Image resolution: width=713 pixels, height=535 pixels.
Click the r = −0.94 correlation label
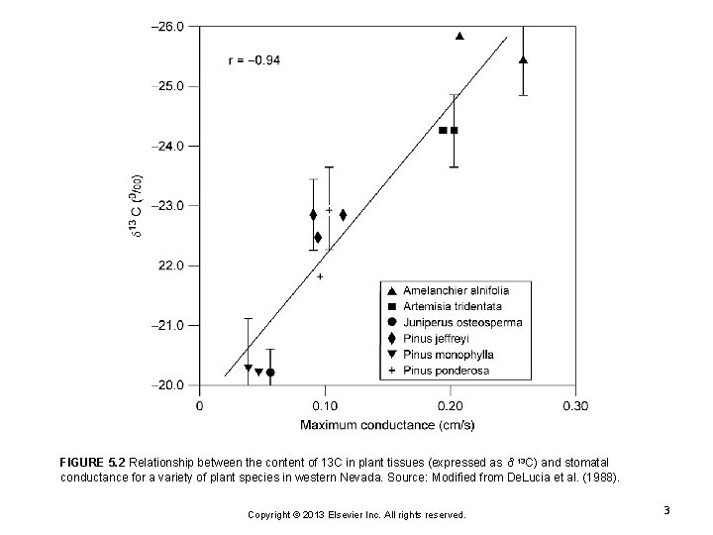pyautogui.click(x=254, y=60)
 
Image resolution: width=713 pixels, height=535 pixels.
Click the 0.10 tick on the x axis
pyautogui.click(x=325, y=404)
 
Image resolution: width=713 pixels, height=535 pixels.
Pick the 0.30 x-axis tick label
pyautogui.click(x=575, y=404)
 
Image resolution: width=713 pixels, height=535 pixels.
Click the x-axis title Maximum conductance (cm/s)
pyautogui.click(x=387, y=426)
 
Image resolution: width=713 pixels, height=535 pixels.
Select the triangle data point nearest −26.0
pyautogui.click(x=459, y=36)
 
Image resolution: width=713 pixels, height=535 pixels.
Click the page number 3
pyautogui.click(x=667, y=510)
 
